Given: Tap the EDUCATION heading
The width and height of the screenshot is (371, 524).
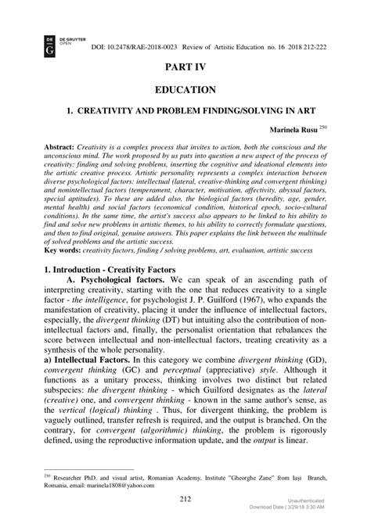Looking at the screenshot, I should click(x=185, y=91).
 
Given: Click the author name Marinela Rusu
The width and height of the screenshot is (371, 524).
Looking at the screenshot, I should click(x=295, y=127).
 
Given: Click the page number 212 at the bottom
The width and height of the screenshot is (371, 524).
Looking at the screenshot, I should click(x=185, y=498).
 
